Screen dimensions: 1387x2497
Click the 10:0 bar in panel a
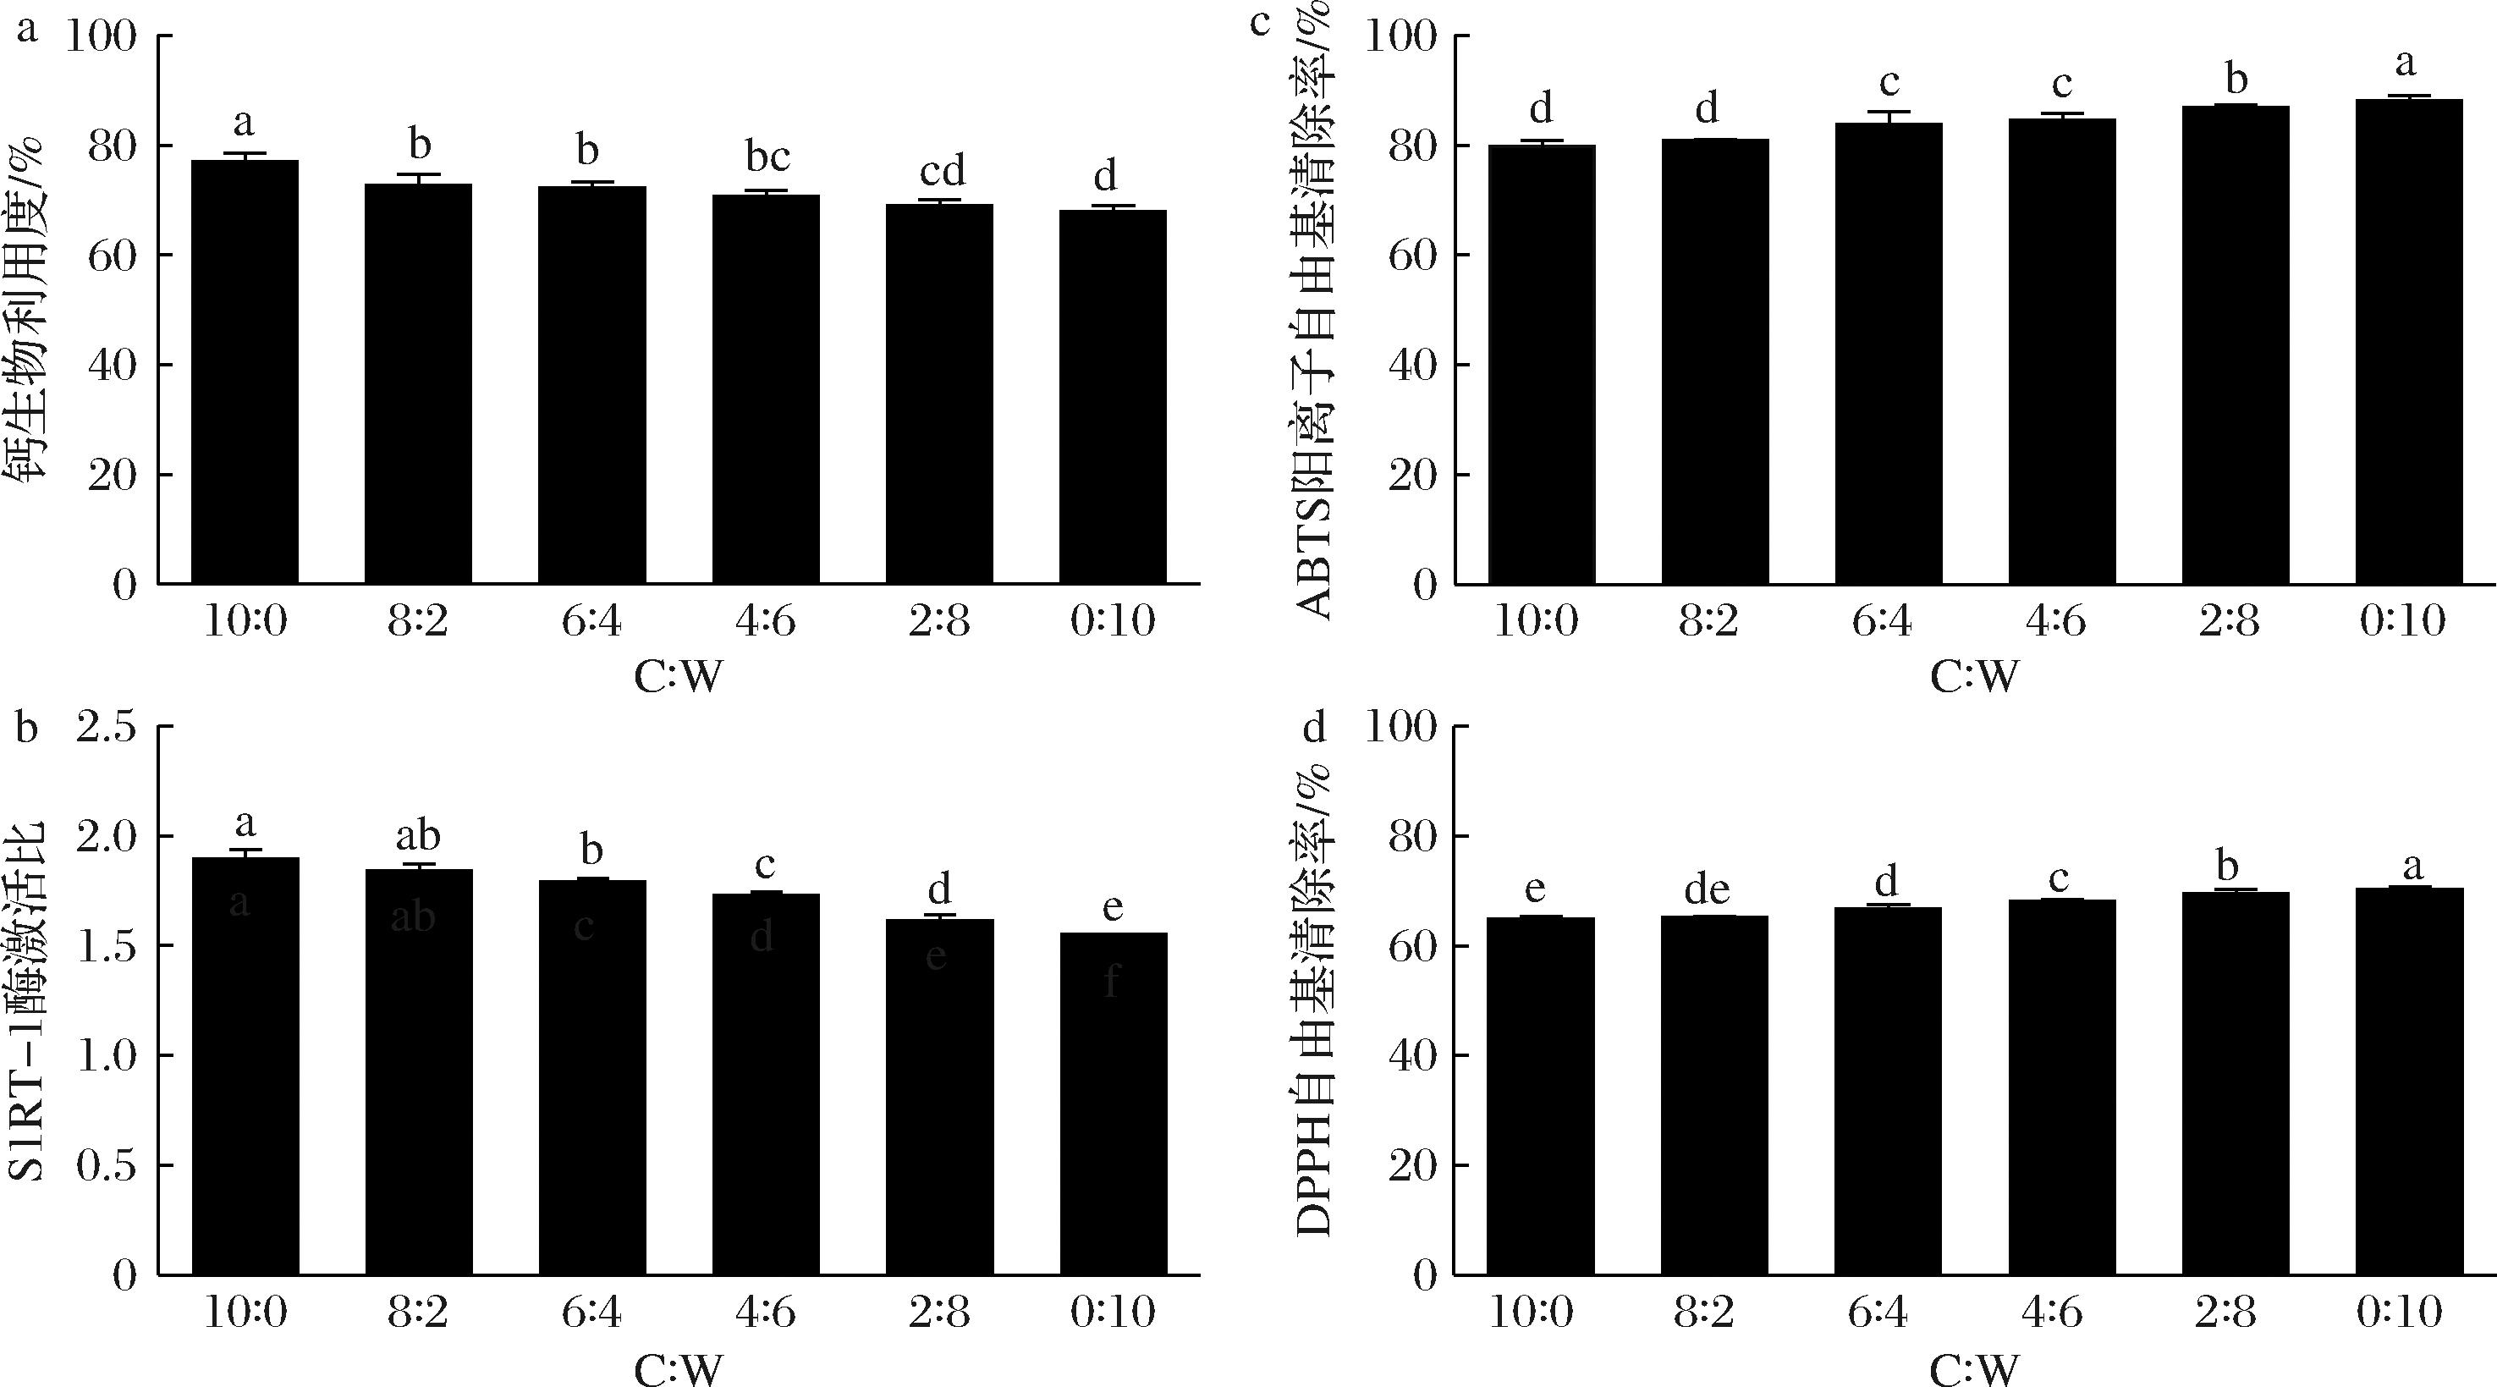pyautogui.click(x=245, y=372)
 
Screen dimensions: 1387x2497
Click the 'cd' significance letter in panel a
pyautogui.click(x=942, y=173)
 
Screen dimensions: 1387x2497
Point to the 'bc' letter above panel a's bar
pyautogui.click(x=767, y=155)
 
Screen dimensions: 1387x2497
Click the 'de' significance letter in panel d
pyautogui.click(x=1707, y=889)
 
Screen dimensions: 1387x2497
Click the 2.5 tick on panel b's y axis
pyautogui.click(x=107, y=727)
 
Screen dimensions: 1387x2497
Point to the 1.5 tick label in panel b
pyautogui.click(x=107, y=946)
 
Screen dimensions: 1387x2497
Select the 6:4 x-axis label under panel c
pyautogui.click(x=1882, y=621)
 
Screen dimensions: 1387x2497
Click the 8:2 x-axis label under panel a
pyautogui.click(x=418, y=621)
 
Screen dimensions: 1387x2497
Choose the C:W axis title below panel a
pyautogui.click(x=679, y=676)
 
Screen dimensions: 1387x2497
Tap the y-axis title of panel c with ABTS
pyautogui.click(x=1313, y=311)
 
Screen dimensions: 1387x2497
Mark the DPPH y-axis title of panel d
pyautogui.click(x=1313, y=999)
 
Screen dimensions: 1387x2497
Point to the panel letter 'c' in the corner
pyautogui.click(x=1259, y=21)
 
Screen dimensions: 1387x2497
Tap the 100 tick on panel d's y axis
pyautogui.click(x=1400, y=727)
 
